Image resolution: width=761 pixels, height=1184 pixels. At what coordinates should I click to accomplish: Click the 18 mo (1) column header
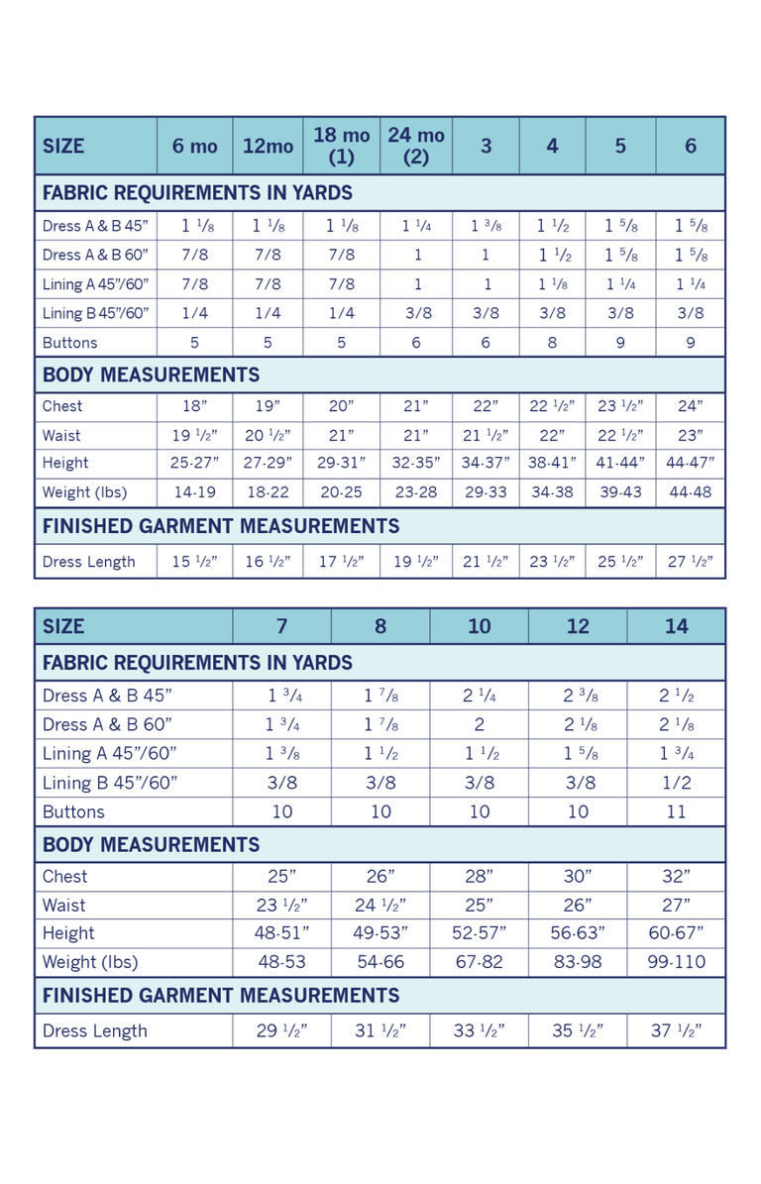341,146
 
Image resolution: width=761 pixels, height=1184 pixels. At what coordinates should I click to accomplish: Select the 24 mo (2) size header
416,146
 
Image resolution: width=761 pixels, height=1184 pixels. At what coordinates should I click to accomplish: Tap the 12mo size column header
268,146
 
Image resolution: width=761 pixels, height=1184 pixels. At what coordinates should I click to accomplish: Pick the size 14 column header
676,626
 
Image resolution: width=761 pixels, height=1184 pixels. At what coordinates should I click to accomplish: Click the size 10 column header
479,626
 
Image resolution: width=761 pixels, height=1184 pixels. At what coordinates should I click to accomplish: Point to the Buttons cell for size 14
676,811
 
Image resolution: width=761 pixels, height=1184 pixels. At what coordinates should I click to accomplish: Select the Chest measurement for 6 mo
194,406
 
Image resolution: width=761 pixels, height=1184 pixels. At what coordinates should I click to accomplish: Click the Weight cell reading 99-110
676,961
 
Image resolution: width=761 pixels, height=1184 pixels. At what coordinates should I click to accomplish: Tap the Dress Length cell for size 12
578,1030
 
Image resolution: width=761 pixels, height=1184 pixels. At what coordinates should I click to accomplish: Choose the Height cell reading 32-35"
416,463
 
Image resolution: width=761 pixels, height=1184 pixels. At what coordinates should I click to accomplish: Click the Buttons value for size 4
552,343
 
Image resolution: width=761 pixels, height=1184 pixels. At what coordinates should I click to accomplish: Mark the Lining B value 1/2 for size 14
676,783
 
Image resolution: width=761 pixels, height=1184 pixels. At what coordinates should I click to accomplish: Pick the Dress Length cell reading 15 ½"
194,562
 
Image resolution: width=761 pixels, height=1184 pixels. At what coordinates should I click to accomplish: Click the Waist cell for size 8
380,905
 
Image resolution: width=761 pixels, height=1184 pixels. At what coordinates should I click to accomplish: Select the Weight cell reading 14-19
194,492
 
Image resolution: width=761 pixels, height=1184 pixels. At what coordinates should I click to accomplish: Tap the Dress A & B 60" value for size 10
479,724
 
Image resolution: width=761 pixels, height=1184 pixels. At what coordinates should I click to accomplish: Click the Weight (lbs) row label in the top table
84,492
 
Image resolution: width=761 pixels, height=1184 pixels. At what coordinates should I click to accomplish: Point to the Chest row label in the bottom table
65,876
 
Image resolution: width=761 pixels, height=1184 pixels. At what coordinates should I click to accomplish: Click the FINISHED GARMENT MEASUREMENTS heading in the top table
221,526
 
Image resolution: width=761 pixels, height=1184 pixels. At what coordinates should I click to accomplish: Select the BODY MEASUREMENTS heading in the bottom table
152,844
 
